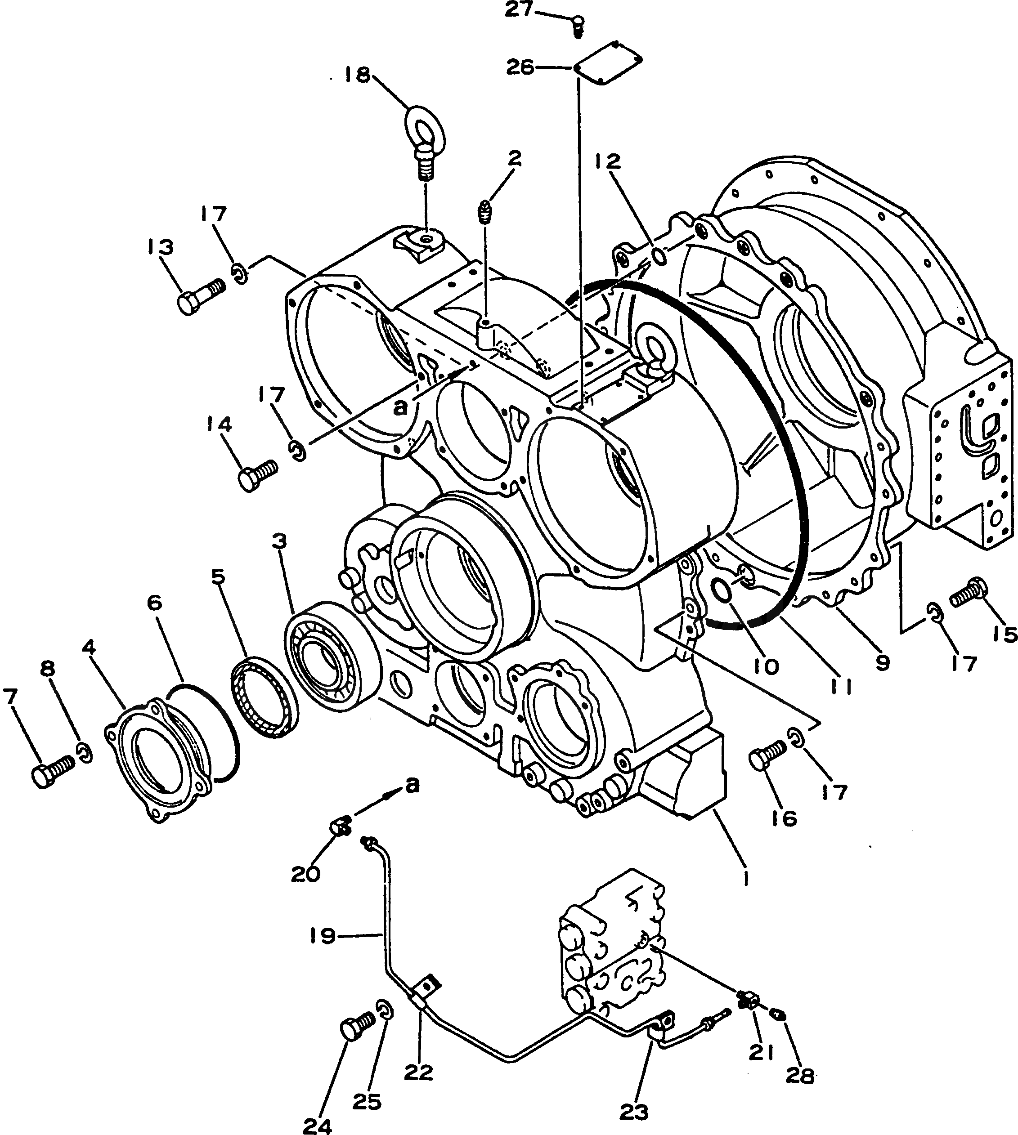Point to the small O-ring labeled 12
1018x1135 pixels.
point(660,257)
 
